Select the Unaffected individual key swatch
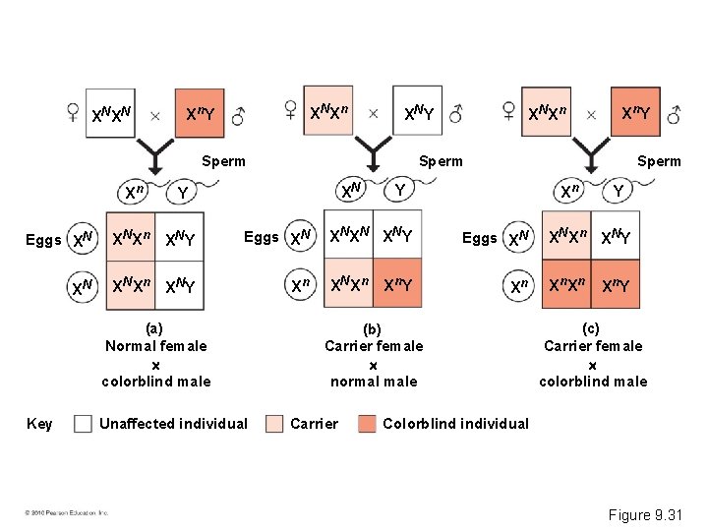coord(84,424)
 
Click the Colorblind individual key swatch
coord(367,424)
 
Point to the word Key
coord(39,424)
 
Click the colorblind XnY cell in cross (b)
coord(396,285)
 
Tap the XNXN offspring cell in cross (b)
coord(348,237)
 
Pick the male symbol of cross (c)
coord(674,114)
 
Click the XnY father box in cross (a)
coord(202,115)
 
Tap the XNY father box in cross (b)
coord(420,115)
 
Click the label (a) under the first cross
coord(154,327)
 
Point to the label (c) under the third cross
coord(590,327)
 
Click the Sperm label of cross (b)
coord(441,161)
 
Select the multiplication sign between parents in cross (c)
coord(591,114)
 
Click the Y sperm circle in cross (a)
coord(184,191)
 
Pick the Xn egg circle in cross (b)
coord(300,285)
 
